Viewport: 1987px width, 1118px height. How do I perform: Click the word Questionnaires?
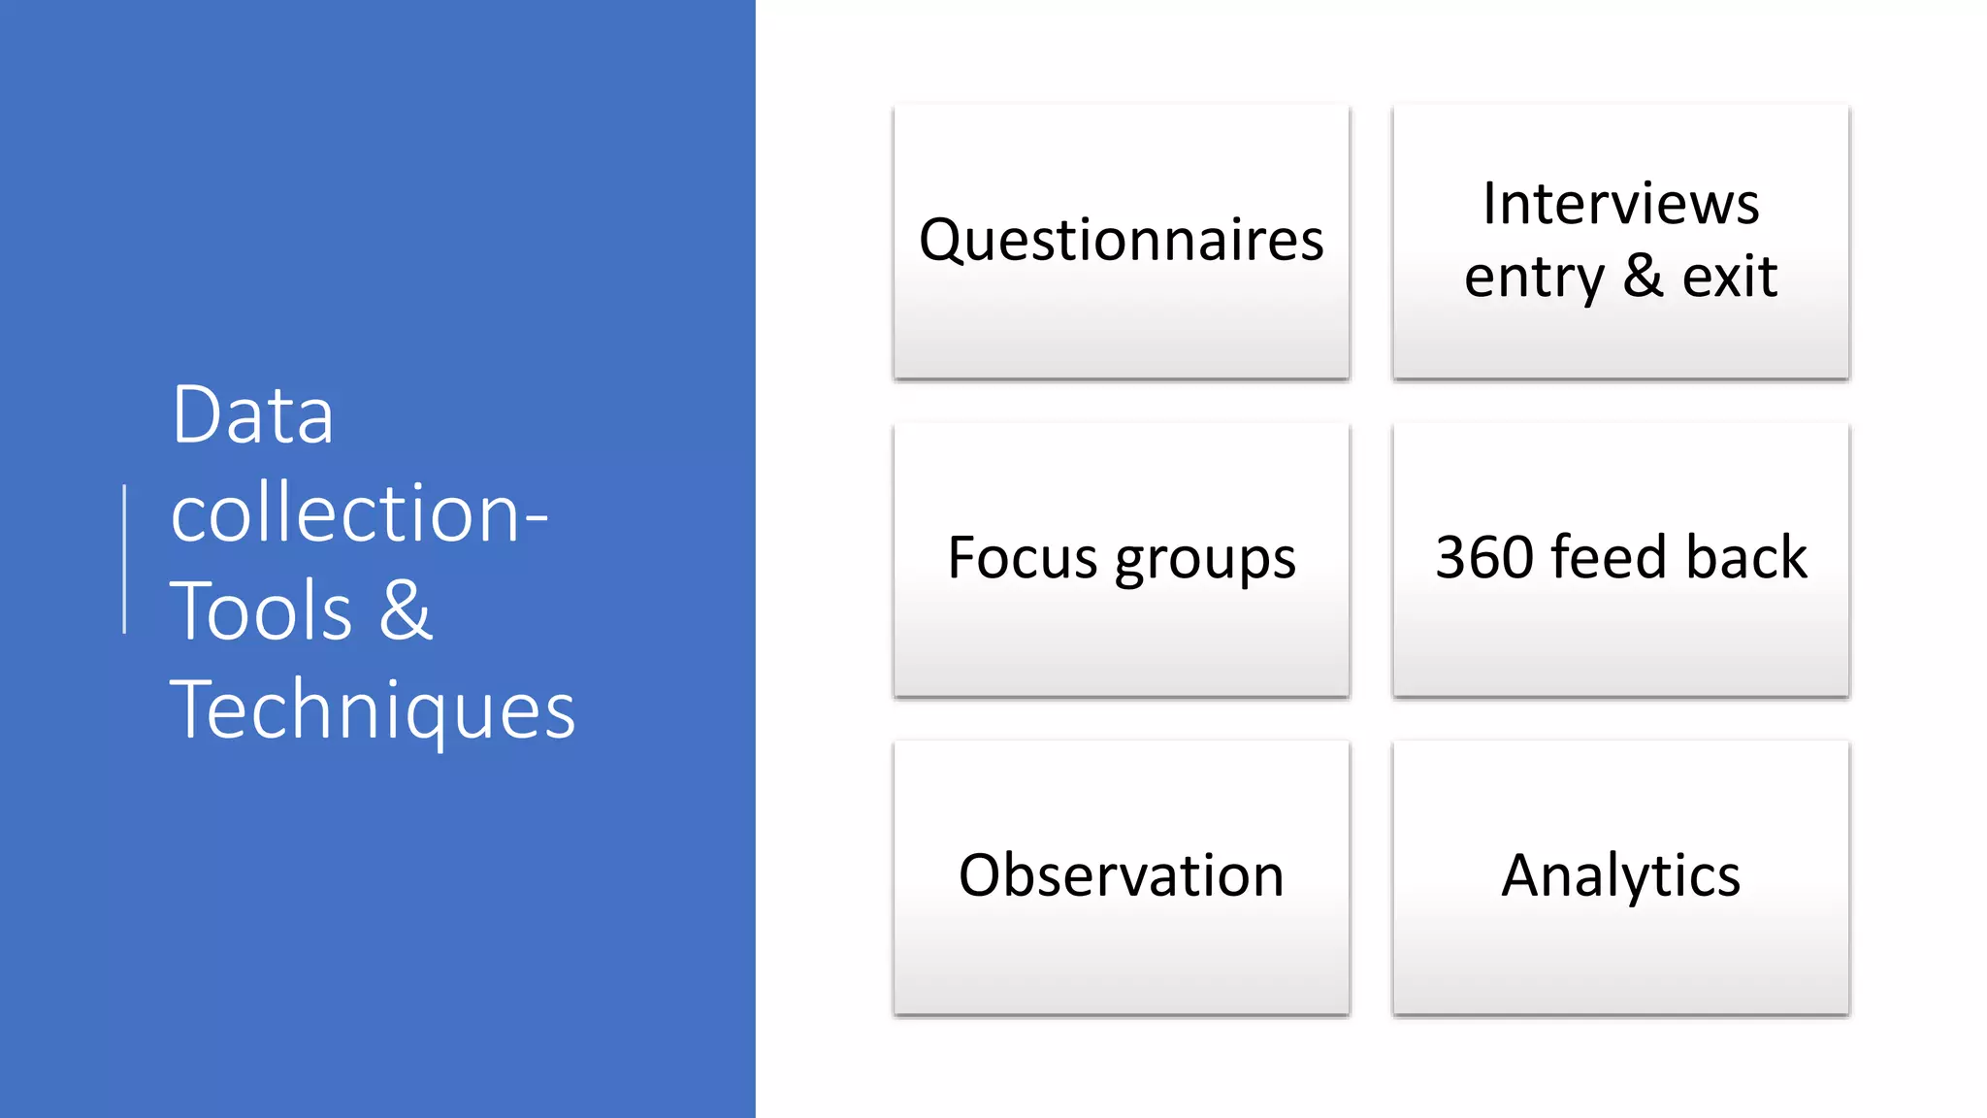(x=1121, y=241)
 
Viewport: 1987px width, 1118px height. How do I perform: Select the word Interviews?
(x=1620, y=204)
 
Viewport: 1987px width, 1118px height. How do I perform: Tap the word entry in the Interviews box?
(x=1534, y=278)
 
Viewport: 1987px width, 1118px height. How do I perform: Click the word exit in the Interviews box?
(x=1729, y=277)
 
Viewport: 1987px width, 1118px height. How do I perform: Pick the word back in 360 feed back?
(x=1746, y=558)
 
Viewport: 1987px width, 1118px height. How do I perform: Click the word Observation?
(x=1121, y=875)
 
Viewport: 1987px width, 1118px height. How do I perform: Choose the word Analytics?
(x=1620, y=876)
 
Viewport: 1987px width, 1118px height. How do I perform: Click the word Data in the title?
(x=252, y=415)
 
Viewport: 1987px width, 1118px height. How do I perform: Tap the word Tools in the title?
(x=260, y=611)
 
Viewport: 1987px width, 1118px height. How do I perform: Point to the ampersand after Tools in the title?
(x=405, y=611)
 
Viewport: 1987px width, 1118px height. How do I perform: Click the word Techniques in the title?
(x=373, y=710)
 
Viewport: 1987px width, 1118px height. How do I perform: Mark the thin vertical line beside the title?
(x=125, y=559)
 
